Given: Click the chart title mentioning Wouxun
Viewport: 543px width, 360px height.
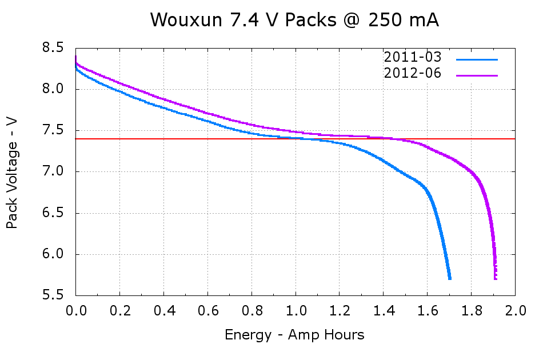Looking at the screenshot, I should [x=294, y=21].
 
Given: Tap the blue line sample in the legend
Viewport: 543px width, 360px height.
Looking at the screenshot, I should [x=477, y=59].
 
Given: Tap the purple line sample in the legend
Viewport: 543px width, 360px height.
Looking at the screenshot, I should [x=477, y=75].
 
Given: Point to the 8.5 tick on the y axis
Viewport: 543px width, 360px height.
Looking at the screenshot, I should [x=53, y=48].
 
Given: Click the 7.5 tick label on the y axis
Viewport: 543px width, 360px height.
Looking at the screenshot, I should [x=53, y=131].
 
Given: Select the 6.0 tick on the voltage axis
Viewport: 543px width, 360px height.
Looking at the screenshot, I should [x=53, y=255].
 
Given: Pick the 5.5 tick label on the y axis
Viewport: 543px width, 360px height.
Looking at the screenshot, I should [x=53, y=296].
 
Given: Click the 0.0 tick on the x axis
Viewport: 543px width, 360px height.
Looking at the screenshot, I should [x=75, y=312].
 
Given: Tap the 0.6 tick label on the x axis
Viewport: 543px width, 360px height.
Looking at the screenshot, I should [x=207, y=312].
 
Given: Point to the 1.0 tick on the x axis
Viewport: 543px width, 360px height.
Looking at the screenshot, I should [x=295, y=312].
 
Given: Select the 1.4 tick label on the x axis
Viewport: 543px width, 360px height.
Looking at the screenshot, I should [x=383, y=312].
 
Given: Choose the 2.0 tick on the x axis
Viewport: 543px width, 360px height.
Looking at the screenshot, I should [x=515, y=312].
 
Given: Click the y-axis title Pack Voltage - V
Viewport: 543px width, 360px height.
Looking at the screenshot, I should [x=12, y=172].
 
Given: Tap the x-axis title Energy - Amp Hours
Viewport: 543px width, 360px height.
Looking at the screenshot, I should [x=294, y=335].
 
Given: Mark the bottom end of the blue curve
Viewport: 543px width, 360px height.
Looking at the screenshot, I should [x=450, y=278].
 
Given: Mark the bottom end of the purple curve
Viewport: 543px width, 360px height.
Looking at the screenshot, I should [x=495, y=278].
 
